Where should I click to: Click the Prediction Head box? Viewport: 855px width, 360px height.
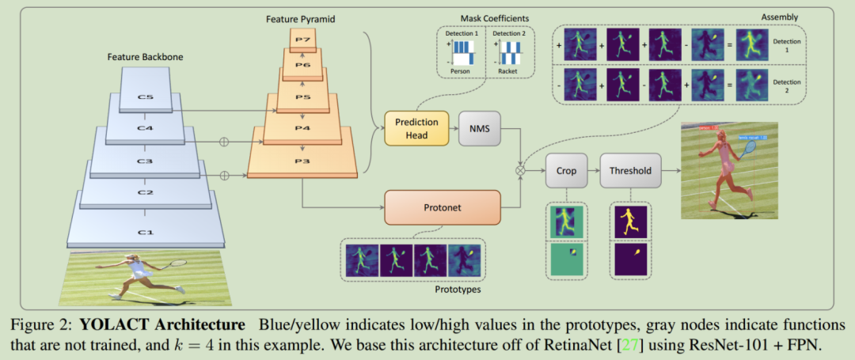(416, 128)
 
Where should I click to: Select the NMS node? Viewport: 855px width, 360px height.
(480, 128)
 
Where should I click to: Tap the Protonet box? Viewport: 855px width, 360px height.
(442, 207)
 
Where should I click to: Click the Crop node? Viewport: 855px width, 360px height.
(567, 170)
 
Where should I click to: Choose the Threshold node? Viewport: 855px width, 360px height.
(630, 170)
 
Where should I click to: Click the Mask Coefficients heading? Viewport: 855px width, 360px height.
(484, 17)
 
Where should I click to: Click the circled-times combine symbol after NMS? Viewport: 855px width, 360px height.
(520, 169)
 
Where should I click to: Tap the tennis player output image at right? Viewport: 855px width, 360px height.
(729, 170)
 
